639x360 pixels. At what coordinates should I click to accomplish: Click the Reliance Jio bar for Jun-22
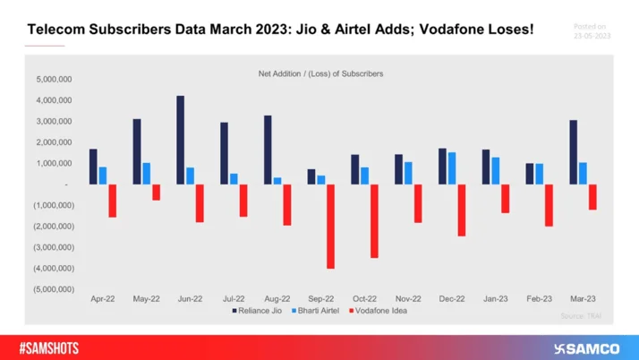coord(181,140)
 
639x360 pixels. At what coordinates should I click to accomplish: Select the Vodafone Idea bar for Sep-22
coord(330,226)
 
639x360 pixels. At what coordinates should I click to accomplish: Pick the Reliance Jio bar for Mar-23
coord(574,152)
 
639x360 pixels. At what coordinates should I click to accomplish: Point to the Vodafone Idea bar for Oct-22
coord(374,220)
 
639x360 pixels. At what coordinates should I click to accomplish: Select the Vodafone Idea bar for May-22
coord(156,192)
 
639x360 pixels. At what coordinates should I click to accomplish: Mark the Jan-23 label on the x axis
coord(496,298)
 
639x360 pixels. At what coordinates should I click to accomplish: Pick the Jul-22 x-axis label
coord(234,298)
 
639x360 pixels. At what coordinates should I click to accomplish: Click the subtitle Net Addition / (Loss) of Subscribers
coord(319,73)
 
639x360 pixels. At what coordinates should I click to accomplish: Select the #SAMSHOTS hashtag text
coord(51,347)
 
